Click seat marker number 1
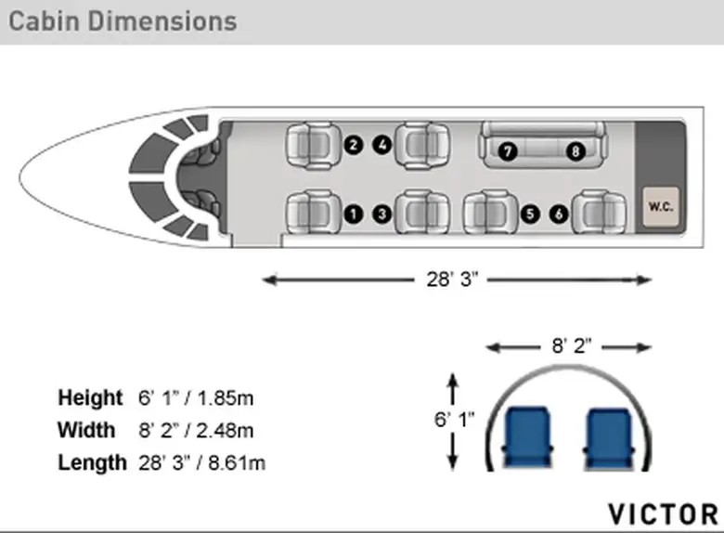(x=354, y=214)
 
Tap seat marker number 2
(x=354, y=145)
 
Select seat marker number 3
(x=381, y=214)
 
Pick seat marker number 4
(x=382, y=145)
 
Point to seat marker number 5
(x=530, y=214)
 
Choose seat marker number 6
(x=559, y=214)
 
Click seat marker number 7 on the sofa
(x=508, y=151)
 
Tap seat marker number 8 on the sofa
(x=575, y=151)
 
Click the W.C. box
(x=661, y=206)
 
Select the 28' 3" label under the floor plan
(x=452, y=279)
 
